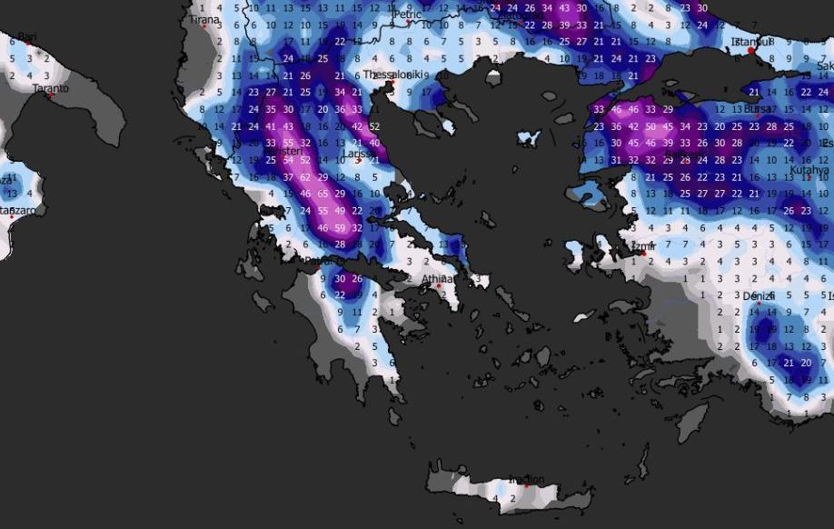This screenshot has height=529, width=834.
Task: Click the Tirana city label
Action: click(204, 19)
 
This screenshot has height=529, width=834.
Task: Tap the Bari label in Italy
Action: click(26, 36)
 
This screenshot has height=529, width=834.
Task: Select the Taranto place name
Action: click(50, 88)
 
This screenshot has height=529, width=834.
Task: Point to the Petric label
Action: click(408, 15)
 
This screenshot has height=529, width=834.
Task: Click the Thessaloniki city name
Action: click(396, 75)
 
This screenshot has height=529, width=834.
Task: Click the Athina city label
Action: click(437, 279)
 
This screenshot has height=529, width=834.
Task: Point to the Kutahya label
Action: click(809, 170)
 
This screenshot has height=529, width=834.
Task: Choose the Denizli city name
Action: click(759, 296)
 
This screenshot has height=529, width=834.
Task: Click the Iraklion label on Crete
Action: click(526, 480)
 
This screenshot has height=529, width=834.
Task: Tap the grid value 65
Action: click(323, 194)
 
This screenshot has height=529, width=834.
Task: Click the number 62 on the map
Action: click(305, 176)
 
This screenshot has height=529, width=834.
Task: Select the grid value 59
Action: click(340, 227)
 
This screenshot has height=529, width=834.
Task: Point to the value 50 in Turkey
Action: click(650, 126)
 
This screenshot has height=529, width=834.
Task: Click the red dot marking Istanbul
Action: click(751, 51)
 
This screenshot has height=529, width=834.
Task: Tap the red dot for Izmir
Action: click(643, 254)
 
